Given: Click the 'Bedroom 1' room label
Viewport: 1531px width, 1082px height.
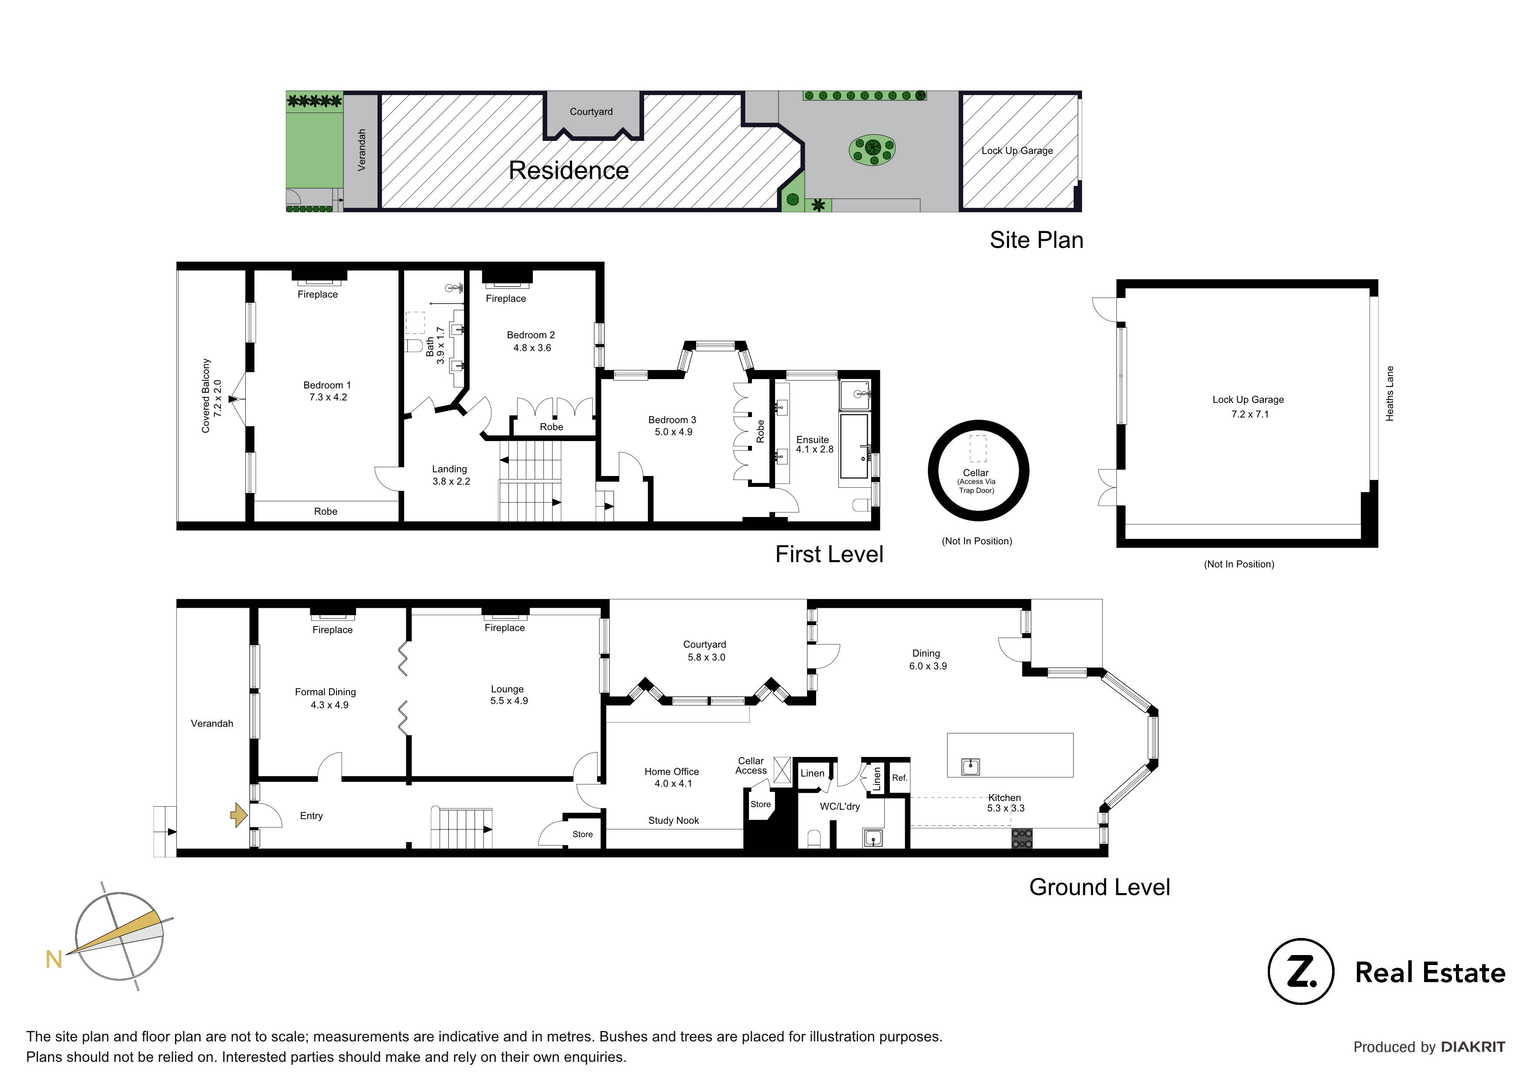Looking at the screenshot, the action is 327,385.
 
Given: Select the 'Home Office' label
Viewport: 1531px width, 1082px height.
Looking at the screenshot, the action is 672,771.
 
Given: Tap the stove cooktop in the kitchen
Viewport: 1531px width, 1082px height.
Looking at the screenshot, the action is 1022,838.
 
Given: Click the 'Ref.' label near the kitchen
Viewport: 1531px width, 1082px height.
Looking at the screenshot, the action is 899,778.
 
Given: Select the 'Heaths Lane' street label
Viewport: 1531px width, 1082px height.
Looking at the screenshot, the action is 1390,394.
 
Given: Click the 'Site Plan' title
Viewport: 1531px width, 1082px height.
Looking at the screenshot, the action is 1036,240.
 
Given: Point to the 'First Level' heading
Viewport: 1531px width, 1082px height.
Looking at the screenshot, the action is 829,554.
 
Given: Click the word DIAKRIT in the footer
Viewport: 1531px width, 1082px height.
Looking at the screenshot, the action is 1473,1047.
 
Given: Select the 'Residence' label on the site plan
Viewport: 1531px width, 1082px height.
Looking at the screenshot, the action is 568,171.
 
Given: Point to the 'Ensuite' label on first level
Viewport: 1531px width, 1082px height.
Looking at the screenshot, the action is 812,439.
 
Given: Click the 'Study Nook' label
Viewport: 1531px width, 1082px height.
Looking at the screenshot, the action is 673,821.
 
